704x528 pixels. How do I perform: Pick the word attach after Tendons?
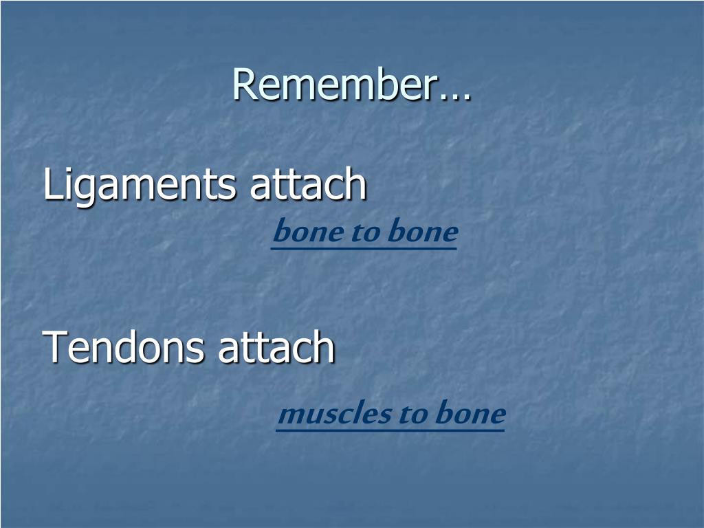click(276, 346)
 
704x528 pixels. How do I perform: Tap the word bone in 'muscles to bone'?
click(470, 412)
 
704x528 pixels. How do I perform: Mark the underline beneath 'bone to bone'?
click(364, 247)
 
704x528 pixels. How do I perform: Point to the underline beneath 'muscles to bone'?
click(390, 430)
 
